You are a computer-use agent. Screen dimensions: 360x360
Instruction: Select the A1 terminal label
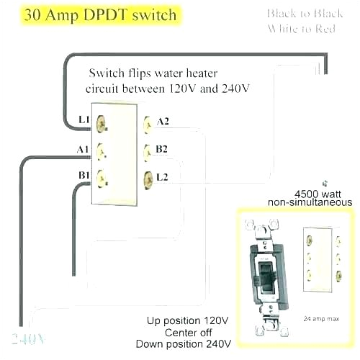81,149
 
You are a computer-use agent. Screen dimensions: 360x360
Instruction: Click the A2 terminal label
163,122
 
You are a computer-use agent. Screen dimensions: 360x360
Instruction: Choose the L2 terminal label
163,176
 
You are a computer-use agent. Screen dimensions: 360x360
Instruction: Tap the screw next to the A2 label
148,124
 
